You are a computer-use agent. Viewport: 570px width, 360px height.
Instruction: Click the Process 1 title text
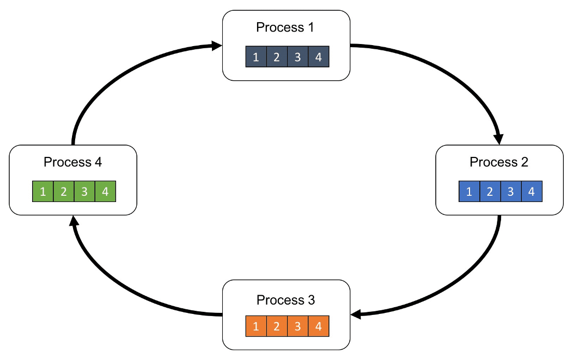point(285,27)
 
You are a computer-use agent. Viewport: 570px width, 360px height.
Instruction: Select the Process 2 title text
point(498,162)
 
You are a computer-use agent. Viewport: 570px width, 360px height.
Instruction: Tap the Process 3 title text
point(286,300)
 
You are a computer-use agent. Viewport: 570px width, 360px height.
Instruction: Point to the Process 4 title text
point(73,162)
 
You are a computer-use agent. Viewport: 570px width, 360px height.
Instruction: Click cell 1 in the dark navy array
point(256,56)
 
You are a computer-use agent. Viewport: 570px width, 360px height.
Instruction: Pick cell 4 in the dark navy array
point(319,56)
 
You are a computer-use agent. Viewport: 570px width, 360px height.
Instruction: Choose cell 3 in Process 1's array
point(298,56)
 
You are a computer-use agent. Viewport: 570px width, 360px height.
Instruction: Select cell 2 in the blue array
point(490,192)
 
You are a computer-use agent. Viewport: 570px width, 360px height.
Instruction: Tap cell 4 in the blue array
point(532,192)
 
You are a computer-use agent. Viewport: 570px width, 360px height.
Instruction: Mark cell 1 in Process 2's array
point(469,192)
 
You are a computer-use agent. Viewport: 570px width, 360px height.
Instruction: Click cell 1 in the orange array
point(256,326)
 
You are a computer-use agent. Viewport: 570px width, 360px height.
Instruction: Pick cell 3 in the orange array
point(298,326)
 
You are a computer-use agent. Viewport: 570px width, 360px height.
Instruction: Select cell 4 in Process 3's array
point(319,326)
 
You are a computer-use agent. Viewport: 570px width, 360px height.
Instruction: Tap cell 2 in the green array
point(64,192)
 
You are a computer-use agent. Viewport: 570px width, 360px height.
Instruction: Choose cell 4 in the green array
point(105,192)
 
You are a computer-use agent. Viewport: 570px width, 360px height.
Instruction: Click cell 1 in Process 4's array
point(43,192)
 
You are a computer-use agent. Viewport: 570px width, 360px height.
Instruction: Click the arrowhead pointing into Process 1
point(217,46)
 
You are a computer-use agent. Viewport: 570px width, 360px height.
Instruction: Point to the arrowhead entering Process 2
point(498,139)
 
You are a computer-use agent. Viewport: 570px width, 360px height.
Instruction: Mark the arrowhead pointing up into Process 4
point(74,221)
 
